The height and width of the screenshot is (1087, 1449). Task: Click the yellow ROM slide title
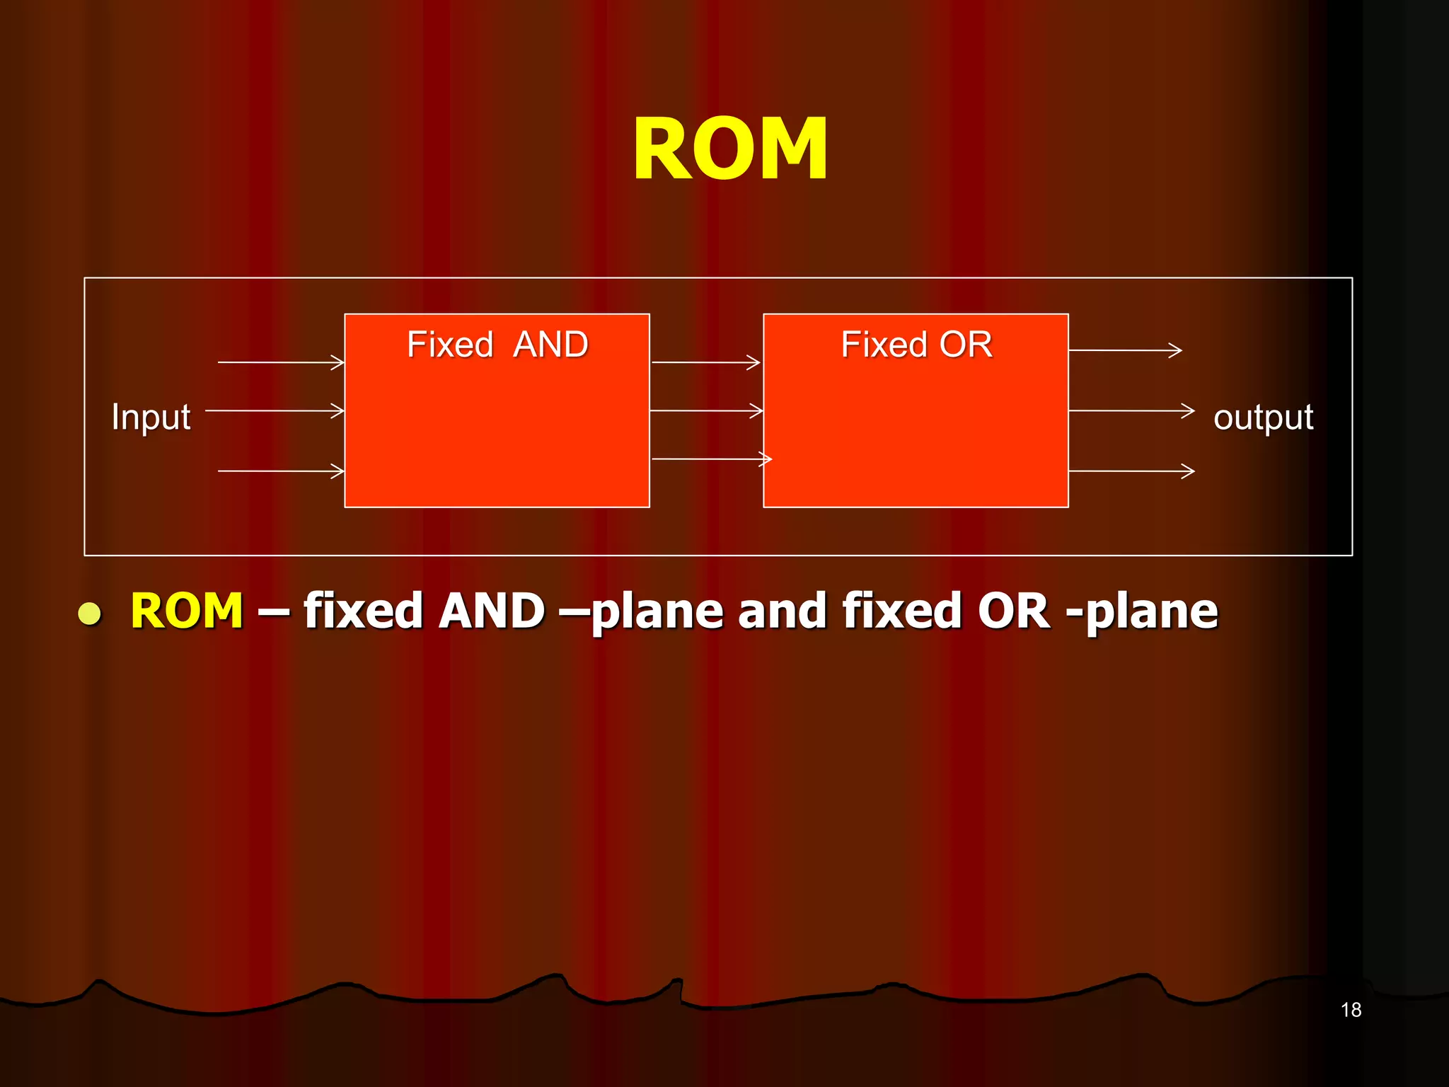[x=729, y=149]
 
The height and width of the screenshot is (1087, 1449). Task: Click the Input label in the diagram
[x=151, y=416]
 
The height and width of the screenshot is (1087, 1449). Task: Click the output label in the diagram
[x=1263, y=416]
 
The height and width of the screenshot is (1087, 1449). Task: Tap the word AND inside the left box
[x=550, y=345]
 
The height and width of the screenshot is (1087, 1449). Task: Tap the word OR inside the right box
[x=965, y=345]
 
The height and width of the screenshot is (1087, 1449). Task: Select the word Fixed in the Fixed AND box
[x=450, y=345]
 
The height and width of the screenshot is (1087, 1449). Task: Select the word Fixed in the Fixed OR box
[x=884, y=345]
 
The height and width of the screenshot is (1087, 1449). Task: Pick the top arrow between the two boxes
[x=705, y=362]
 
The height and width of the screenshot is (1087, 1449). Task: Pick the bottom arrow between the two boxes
[x=710, y=459]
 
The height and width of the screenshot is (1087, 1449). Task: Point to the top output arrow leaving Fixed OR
[x=1125, y=350]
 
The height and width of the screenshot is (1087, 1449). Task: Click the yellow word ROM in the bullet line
[x=187, y=610]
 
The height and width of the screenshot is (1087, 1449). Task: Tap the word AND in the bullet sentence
[x=491, y=610]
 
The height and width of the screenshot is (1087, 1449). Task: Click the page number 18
[x=1351, y=1010]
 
